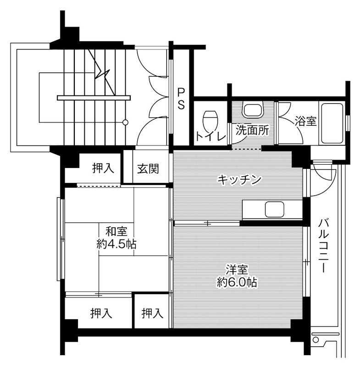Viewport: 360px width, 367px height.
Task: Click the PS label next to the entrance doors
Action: [x=181, y=99]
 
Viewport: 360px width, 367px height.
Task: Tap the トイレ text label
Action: [x=210, y=136]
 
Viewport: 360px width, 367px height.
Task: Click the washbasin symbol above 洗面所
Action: [x=252, y=111]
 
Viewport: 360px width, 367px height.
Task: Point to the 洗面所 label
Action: [x=252, y=130]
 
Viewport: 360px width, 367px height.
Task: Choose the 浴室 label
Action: [x=305, y=122]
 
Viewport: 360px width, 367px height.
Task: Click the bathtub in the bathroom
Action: [x=331, y=123]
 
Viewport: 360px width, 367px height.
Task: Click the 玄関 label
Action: [x=148, y=168]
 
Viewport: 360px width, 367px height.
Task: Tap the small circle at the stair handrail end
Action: [x=126, y=122]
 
